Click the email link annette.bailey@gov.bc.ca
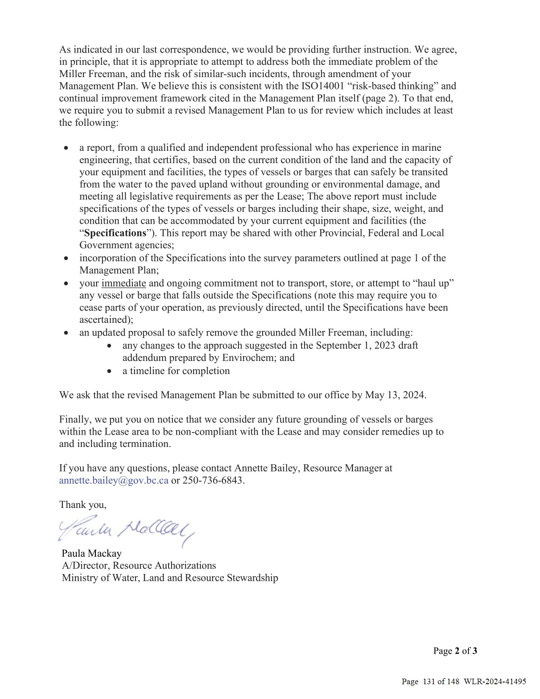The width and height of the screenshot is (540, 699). [x=114, y=480]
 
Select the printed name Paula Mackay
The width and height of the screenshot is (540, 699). [x=91, y=553]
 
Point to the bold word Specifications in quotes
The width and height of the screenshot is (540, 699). [x=115, y=233]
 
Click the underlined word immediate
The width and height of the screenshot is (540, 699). [x=124, y=283]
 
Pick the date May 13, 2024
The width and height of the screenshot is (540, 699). [x=395, y=395]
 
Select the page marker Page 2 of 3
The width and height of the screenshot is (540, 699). [x=455, y=651]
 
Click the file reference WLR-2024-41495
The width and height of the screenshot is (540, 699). [x=495, y=682]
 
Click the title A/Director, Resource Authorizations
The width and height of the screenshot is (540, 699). [x=139, y=566]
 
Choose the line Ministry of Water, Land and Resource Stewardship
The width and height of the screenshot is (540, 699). [x=170, y=578]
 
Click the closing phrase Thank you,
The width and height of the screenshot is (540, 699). [x=83, y=505]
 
